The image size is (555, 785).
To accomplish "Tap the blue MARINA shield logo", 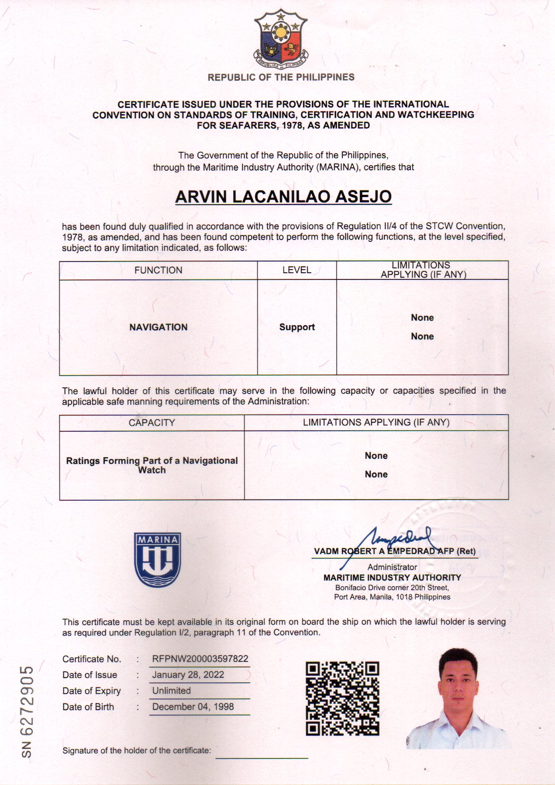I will [158, 559].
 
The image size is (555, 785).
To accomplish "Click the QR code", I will [342, 698].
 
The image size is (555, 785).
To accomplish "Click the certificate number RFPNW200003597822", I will [200, 659].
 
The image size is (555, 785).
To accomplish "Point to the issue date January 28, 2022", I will [188, 675].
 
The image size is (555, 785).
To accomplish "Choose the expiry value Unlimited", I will [171, 691].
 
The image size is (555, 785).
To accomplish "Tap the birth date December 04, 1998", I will [193, 707].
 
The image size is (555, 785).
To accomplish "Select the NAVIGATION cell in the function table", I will [158, 327].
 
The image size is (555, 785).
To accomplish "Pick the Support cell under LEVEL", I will [297, 327].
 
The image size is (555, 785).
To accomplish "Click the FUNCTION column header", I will [158, 270].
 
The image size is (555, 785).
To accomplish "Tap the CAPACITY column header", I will [152, 423].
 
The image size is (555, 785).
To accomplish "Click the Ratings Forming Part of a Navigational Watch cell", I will [152, 465].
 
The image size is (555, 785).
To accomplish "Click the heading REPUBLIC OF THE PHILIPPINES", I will [281, 77].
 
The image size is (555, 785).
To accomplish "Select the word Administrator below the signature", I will [392, 567].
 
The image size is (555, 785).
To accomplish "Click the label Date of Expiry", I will [92, 691].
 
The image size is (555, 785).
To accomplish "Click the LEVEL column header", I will [297, 270].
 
